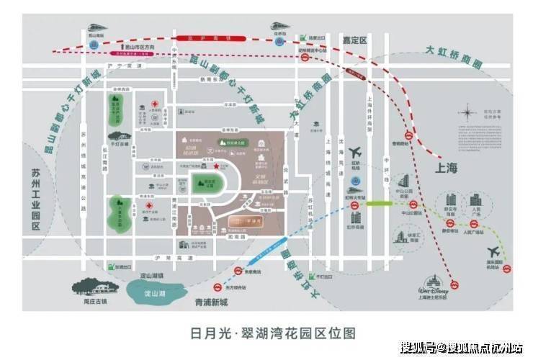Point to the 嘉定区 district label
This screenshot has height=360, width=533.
click(x=355, y=40)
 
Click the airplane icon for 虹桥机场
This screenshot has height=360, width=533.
click(x=354, y=154)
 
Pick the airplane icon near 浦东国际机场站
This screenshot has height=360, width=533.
click(x=495, y=252)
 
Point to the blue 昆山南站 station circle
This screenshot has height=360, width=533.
click(x=94, y=44)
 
